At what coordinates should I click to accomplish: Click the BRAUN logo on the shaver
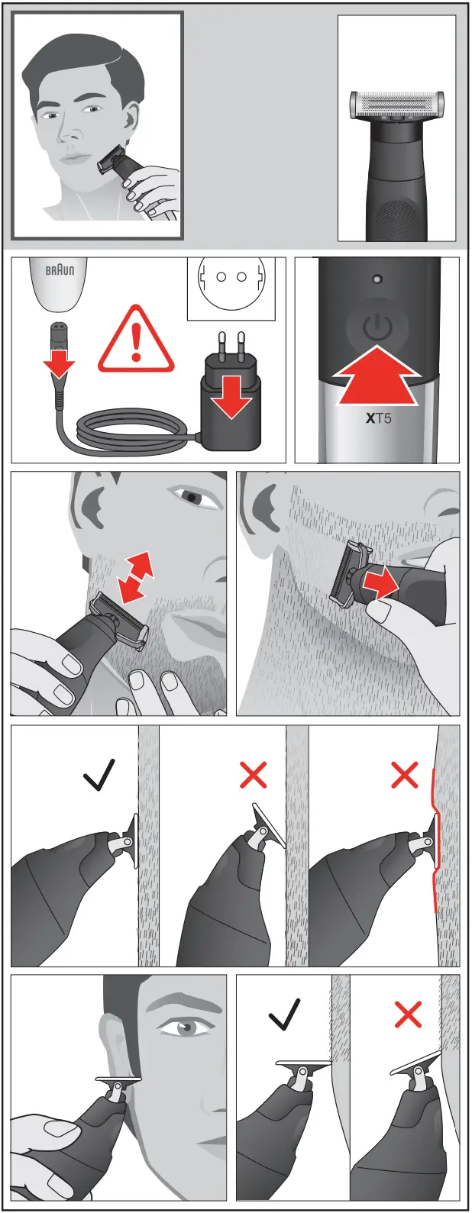[x=60, y=270]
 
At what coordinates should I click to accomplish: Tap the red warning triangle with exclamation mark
[x=136, y=341]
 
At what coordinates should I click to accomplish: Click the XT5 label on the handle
[x=378, y=418]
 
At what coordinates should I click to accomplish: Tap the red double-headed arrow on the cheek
[x=135, y=578]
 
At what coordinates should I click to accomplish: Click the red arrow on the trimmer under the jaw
[x=380, y=584]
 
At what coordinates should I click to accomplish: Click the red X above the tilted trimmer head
[x=253, y=776]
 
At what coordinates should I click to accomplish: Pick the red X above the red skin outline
[x=405, y=775]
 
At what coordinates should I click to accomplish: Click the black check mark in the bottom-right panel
[x=284, y=1015]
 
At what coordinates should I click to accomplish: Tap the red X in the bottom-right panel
[x=408, y=1015]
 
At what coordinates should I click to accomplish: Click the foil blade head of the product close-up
[x=396, y=105]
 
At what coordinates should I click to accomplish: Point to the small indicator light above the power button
[x=377, y=279]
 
